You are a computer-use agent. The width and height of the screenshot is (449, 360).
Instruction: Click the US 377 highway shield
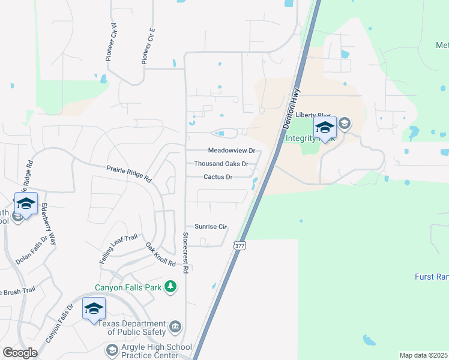coord(240,245)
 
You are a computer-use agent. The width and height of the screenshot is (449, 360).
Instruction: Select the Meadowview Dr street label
coord(232,151)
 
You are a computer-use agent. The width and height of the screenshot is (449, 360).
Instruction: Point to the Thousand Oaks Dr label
coord(221,164)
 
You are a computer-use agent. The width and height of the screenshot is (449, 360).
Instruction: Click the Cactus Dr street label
coord(218,177)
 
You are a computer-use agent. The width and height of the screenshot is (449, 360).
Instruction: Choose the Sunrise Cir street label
coord(211,227)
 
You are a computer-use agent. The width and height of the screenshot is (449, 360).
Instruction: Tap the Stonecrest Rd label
coord(185,253)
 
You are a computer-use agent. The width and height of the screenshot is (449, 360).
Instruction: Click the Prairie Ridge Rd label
coord(129,174)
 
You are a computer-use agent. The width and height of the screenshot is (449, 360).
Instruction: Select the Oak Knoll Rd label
coord(160,255)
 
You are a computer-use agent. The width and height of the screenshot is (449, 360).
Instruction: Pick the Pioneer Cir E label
coord(148,46)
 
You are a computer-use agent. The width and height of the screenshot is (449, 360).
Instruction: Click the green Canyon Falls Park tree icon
coord(172,287)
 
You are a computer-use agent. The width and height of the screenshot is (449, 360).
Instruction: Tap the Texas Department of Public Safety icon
coord(175,326)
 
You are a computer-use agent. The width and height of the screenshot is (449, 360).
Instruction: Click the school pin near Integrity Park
coord(325,128)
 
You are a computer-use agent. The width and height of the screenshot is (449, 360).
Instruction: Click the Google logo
coord(20,353)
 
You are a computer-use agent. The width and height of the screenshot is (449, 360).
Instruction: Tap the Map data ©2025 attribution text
coord(423,355)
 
